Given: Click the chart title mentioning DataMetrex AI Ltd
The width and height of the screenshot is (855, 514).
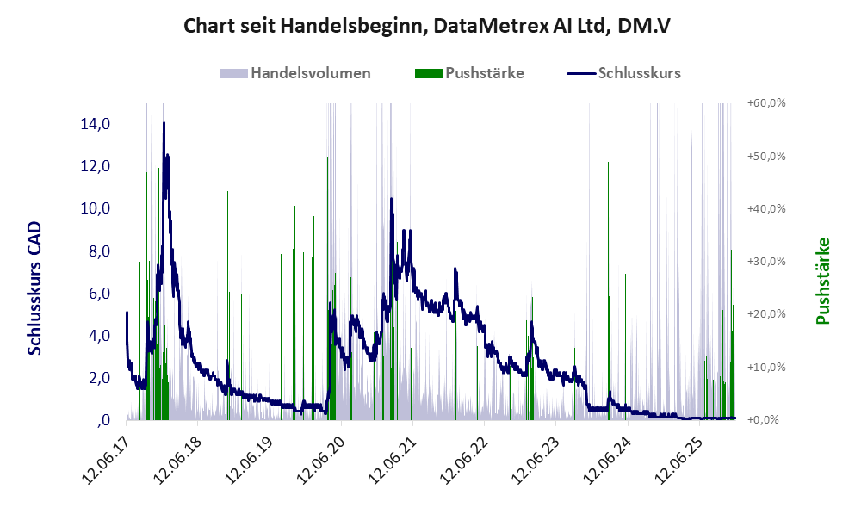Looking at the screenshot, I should coord(427,27).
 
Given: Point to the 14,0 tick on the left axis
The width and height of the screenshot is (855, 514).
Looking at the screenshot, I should coord(95,124).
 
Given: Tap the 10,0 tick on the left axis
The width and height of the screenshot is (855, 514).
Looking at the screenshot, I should coord(95,208).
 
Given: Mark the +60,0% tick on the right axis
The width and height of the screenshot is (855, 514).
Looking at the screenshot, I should coord(766,103).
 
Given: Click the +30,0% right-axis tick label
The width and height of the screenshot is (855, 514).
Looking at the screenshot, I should coord(766,262).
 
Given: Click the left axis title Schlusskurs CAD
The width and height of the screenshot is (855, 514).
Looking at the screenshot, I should coord(35,288).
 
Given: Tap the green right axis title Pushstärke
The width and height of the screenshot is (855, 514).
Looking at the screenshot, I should coord(822,282).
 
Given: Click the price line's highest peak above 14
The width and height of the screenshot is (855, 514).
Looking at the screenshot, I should coord(164,123).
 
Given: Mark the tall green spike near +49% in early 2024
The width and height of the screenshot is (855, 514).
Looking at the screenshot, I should coord(608,164).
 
